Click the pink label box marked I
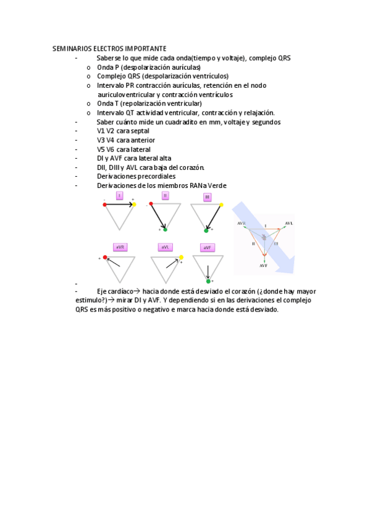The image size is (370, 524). [x=119, y=196]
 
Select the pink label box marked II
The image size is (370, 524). [x=165, y=196]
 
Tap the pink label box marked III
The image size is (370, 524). [x=208, y=197]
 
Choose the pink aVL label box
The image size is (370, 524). [x=165, y=247]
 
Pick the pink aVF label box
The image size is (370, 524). [x=208, y=248]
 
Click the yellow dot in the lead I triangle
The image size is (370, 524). [x=135, y=204]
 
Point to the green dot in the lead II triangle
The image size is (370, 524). [x=165, y=229]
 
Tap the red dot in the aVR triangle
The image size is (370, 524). [x=105, y=256]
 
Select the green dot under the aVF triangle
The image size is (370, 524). [x=208, y=280]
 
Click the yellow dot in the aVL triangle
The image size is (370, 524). [x=181, y=256]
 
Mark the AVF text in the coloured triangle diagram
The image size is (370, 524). [x=263, y=265]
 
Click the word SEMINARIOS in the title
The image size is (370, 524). [x=70, y=48]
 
